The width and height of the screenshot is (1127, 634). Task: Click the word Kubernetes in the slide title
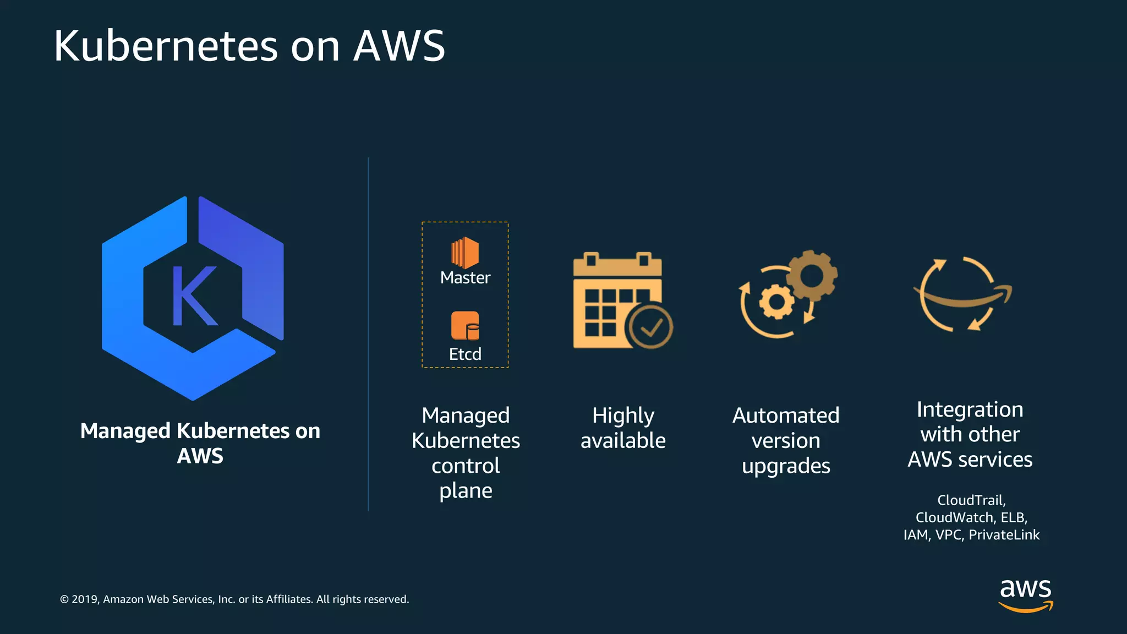point(166,46)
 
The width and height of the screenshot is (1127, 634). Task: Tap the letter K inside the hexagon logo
point(194,296)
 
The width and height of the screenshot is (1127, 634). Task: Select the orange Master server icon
point(465,253)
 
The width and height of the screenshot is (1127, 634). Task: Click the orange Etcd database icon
point(465,326)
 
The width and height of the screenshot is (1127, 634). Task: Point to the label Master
point(465,277)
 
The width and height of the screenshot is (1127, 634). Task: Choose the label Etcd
point(465,354)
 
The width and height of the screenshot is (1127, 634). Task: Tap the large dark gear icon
point(812,275)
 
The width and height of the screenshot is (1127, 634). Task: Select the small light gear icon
point(776,302)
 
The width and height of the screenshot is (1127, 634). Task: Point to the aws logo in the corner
point(1026,594)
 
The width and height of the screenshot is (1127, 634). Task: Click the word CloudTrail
point(971,500)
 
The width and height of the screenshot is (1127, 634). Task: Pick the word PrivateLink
point(1004,535)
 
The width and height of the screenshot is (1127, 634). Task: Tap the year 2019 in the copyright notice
point(85,599)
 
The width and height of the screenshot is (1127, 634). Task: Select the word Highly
point(623,416)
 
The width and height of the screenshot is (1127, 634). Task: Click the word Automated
point(786,416)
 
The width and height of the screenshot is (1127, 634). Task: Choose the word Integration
point(970,409)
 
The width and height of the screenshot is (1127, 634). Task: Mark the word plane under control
point(466,490)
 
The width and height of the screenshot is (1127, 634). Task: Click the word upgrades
point(786,466)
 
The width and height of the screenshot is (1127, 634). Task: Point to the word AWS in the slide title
point(399,46)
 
